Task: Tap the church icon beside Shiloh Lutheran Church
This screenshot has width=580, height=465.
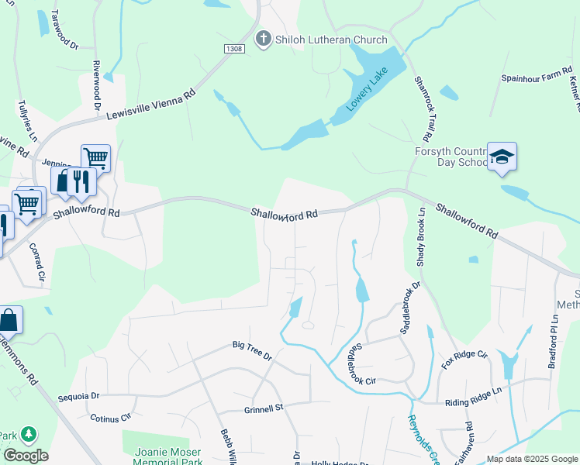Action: [264, 38]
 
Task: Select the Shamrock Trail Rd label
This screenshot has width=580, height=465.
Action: [423, 108]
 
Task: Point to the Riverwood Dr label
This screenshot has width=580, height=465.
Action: [97, 84]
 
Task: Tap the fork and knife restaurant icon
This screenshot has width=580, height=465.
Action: [81, 180]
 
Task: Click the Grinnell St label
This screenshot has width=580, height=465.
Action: [265, 406]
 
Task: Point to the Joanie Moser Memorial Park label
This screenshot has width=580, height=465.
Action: [162, 457]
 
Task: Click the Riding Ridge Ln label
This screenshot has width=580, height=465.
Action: [475, 403]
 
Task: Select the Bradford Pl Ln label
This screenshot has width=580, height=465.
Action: [555, 341]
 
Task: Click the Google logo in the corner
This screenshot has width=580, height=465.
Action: [26, 456]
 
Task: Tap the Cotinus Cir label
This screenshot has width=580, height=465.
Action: [110, 418]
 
